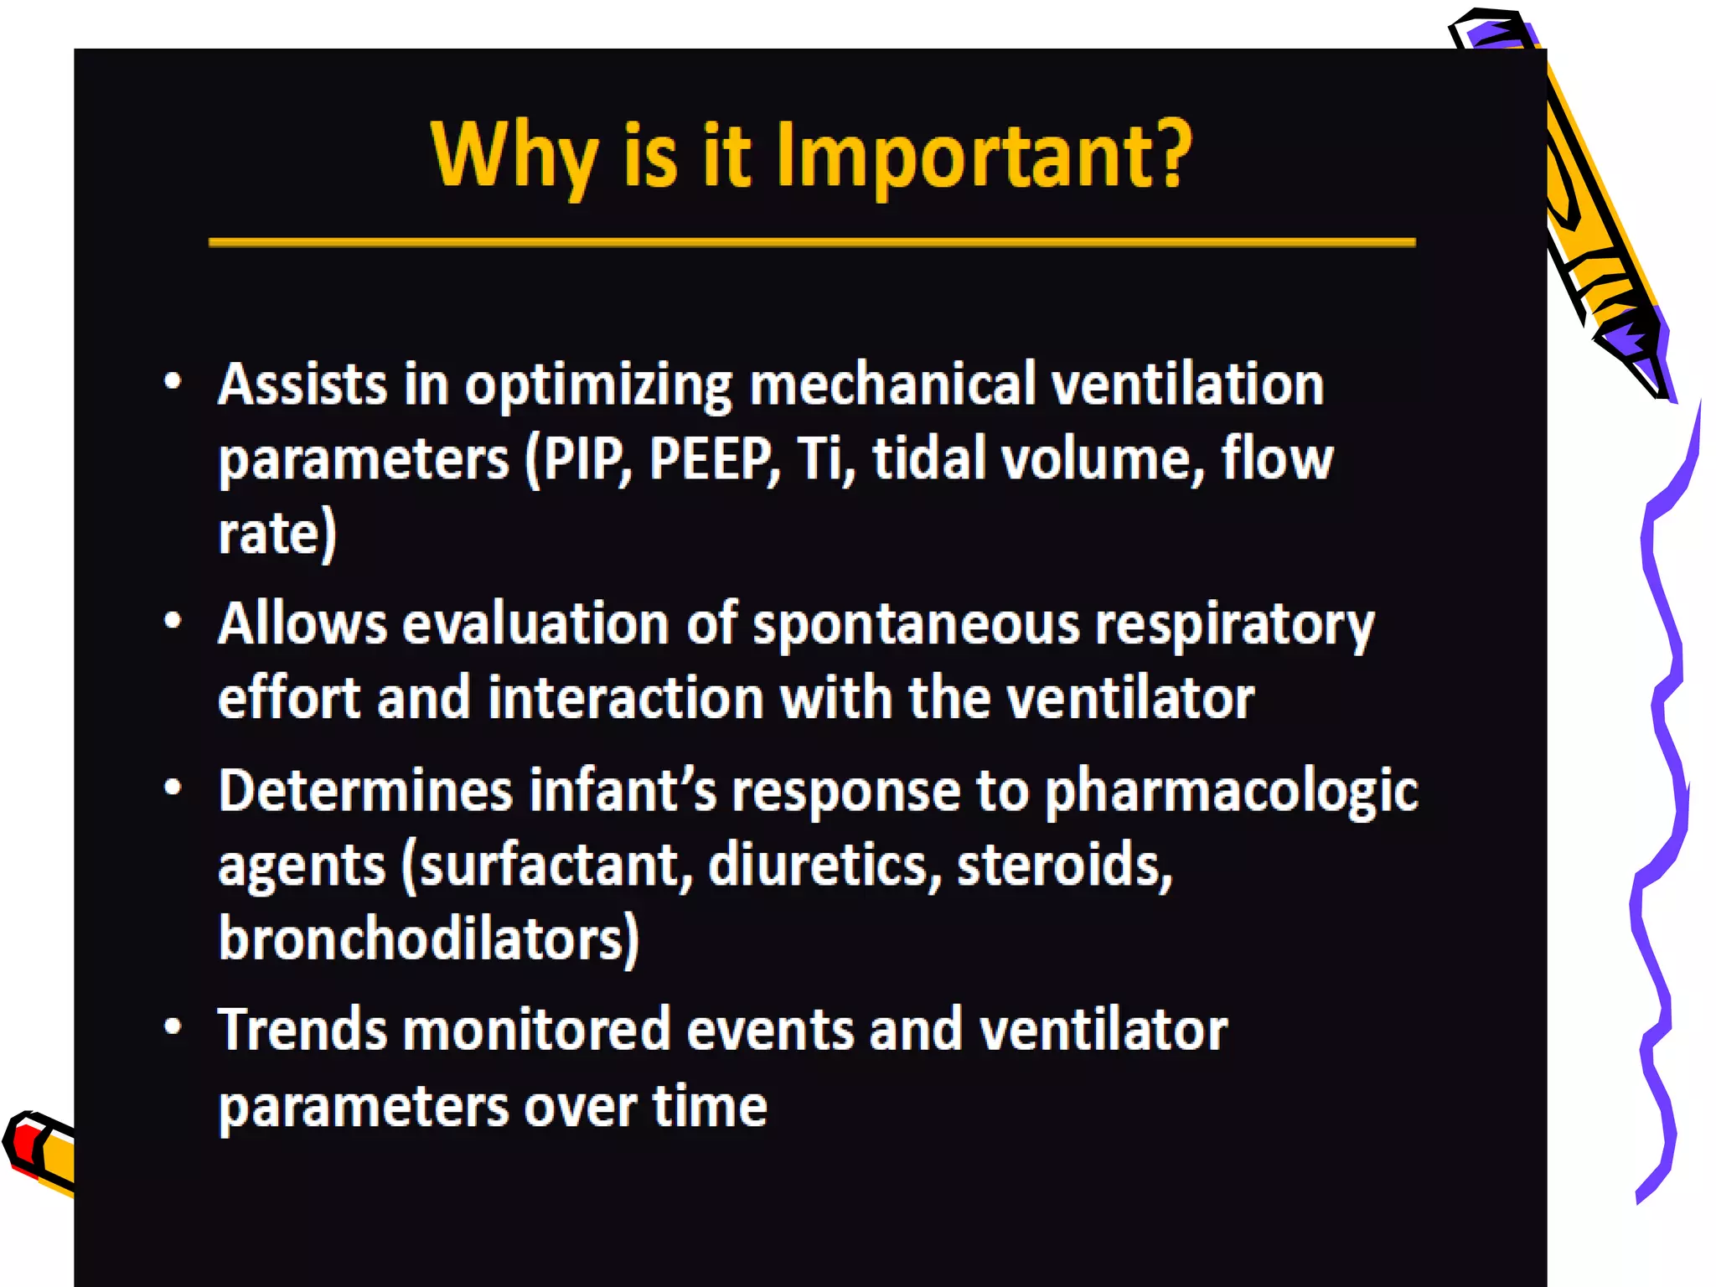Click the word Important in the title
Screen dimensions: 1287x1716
pyautogui.click(x=964, y=155)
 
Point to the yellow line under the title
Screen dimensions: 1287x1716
pyautogui.click(x=811, y=243)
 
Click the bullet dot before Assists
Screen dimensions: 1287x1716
pyautogui.click(x=173, y=382)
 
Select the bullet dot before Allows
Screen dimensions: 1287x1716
pyautogui.click(x=173, y=622)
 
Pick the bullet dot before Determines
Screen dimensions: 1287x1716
pyautogui.click(x=173, y=788)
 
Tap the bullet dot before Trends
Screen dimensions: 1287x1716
pyautogui.click(x=173, y=1027)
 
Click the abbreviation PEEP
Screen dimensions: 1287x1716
pyautogui.click(x=712, y=459)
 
